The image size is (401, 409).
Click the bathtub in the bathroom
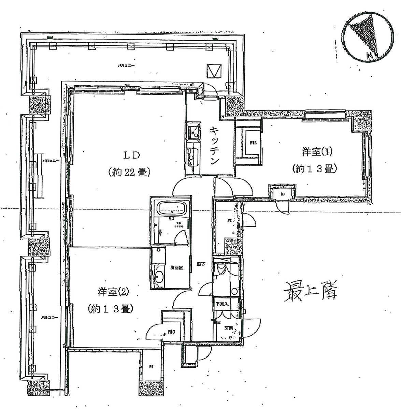point(172,207)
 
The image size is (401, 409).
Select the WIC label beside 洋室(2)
point(172,331)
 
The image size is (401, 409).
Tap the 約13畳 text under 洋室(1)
point(315,169)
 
